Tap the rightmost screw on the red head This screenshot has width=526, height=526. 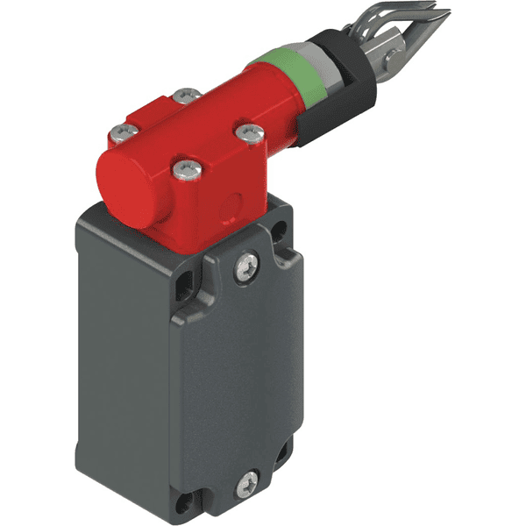pyautogui.click(x=248, y=131)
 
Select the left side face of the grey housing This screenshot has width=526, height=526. pyautogui.click(x=123, y=351)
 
